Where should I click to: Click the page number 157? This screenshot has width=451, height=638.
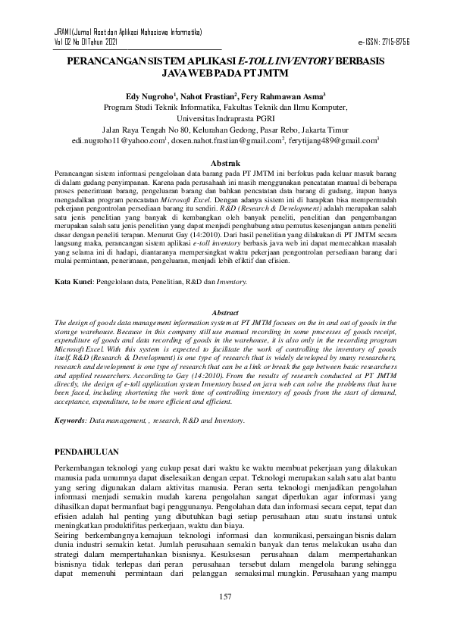coord(225,599)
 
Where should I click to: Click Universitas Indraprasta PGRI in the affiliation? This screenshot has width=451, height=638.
coord(225,119)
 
